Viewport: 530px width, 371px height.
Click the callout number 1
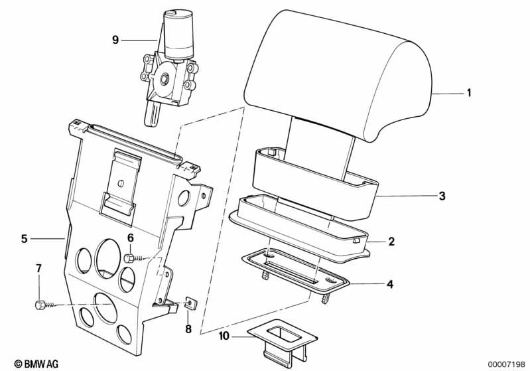[x=468, y=93]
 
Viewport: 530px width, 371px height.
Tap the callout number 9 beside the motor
[x=115, y=40]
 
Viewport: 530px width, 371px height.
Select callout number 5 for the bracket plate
[x=24, y=239]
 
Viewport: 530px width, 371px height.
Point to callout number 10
[x=224, y=336]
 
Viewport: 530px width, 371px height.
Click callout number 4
[x=390, y=285]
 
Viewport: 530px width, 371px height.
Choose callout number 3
[x=442, y=196]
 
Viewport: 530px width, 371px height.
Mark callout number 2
[x=391, y=242]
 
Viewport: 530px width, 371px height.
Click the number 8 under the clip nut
[x=188, y=329]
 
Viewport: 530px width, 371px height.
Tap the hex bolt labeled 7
[x=40, y=305]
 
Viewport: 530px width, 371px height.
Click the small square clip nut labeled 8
[x=190, y=303]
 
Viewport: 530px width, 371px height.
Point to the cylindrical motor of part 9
[x=179, y=34]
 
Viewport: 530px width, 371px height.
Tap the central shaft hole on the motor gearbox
[x=165, y=79]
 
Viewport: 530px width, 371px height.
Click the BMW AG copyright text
[x=36, y=364]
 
